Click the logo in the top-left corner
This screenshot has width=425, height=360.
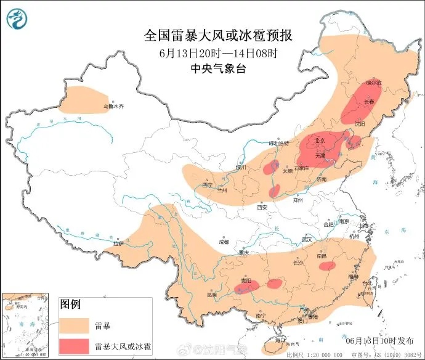coord(17,18)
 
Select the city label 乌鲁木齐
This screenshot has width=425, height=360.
coord(113,107)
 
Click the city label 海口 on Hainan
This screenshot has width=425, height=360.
coord(281,340)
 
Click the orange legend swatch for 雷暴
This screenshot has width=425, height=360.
coord(75,324)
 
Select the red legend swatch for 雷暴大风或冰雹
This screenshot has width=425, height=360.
coord(75,345)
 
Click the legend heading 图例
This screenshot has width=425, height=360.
coord(70,304)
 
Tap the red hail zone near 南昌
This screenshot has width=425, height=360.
coord(328,266)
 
